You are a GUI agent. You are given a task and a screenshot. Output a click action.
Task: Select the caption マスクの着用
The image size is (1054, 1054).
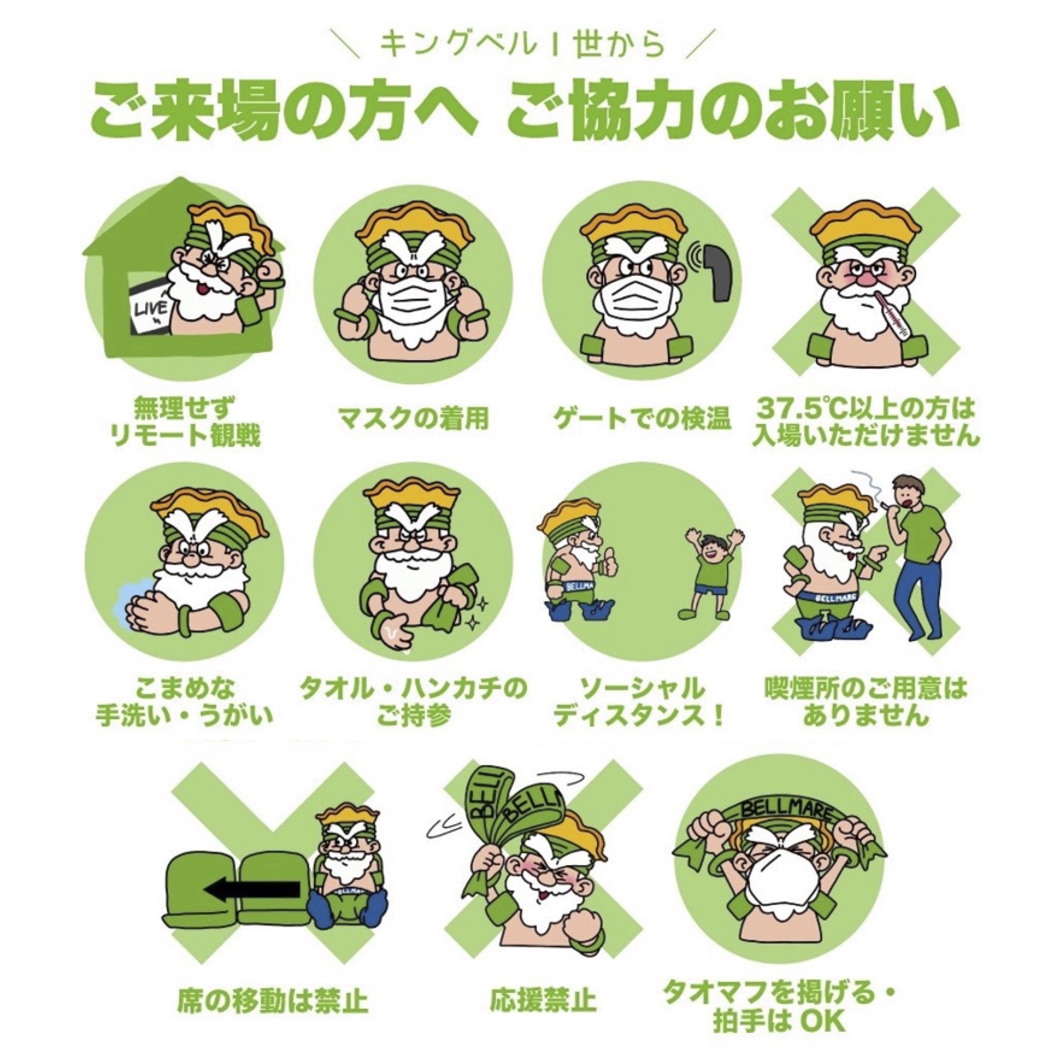pos(413,419)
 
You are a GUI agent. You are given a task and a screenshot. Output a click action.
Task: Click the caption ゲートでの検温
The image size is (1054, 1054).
pos(642,419)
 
